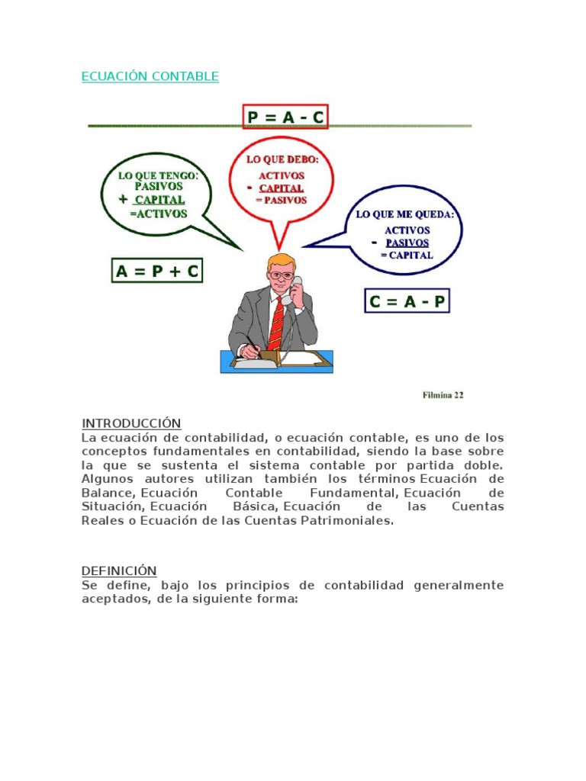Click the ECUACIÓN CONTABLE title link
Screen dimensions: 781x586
[150, 76]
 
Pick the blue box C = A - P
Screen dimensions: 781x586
[407, 301]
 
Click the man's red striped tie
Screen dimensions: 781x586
[275, 324]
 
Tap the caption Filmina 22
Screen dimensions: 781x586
[443, 395]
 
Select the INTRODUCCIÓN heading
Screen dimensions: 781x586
[131, 423]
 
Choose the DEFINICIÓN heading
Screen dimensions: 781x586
[119, 570]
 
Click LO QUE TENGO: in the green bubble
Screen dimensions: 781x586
[158, 175]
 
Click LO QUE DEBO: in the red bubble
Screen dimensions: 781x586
[282, 159]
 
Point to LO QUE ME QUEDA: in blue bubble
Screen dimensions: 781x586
[405, 214]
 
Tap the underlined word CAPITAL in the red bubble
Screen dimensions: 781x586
[281, 188]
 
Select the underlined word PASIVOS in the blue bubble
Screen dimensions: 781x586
[407, 243]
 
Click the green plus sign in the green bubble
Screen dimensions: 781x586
[122, 200]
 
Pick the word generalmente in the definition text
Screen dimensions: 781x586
[459, 585]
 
